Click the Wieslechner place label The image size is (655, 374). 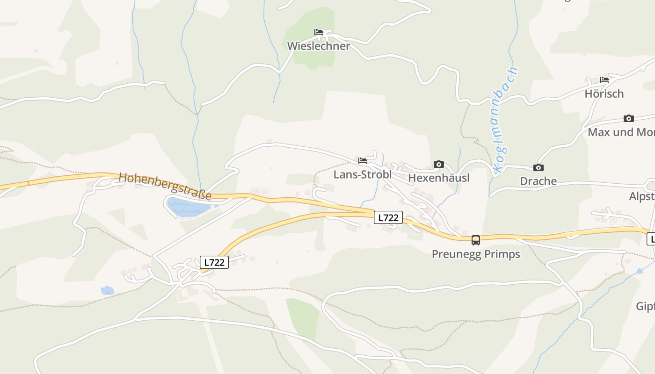[318, 46]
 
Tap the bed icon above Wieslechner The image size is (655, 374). [319, 32]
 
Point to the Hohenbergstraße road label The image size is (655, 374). [165, 186]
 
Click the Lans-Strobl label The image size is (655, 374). [362, 175]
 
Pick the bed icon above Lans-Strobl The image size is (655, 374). [363, 161]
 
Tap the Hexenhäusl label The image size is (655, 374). [438, 178]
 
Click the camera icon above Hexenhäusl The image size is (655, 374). [438, 164]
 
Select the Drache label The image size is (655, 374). [538, 181]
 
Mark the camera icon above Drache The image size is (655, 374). [538, 167]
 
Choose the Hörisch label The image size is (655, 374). [604, 94]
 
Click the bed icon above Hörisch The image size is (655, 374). [604, 80]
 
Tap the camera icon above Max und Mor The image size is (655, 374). [628, 118]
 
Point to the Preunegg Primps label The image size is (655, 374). [475, 254]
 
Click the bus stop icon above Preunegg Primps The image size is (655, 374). [475, 240]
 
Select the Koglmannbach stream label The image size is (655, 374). [506, 120]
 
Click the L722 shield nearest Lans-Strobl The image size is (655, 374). [388, 217]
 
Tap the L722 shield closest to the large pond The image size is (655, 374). [214, 263]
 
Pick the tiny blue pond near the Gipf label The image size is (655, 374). [640, 271]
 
